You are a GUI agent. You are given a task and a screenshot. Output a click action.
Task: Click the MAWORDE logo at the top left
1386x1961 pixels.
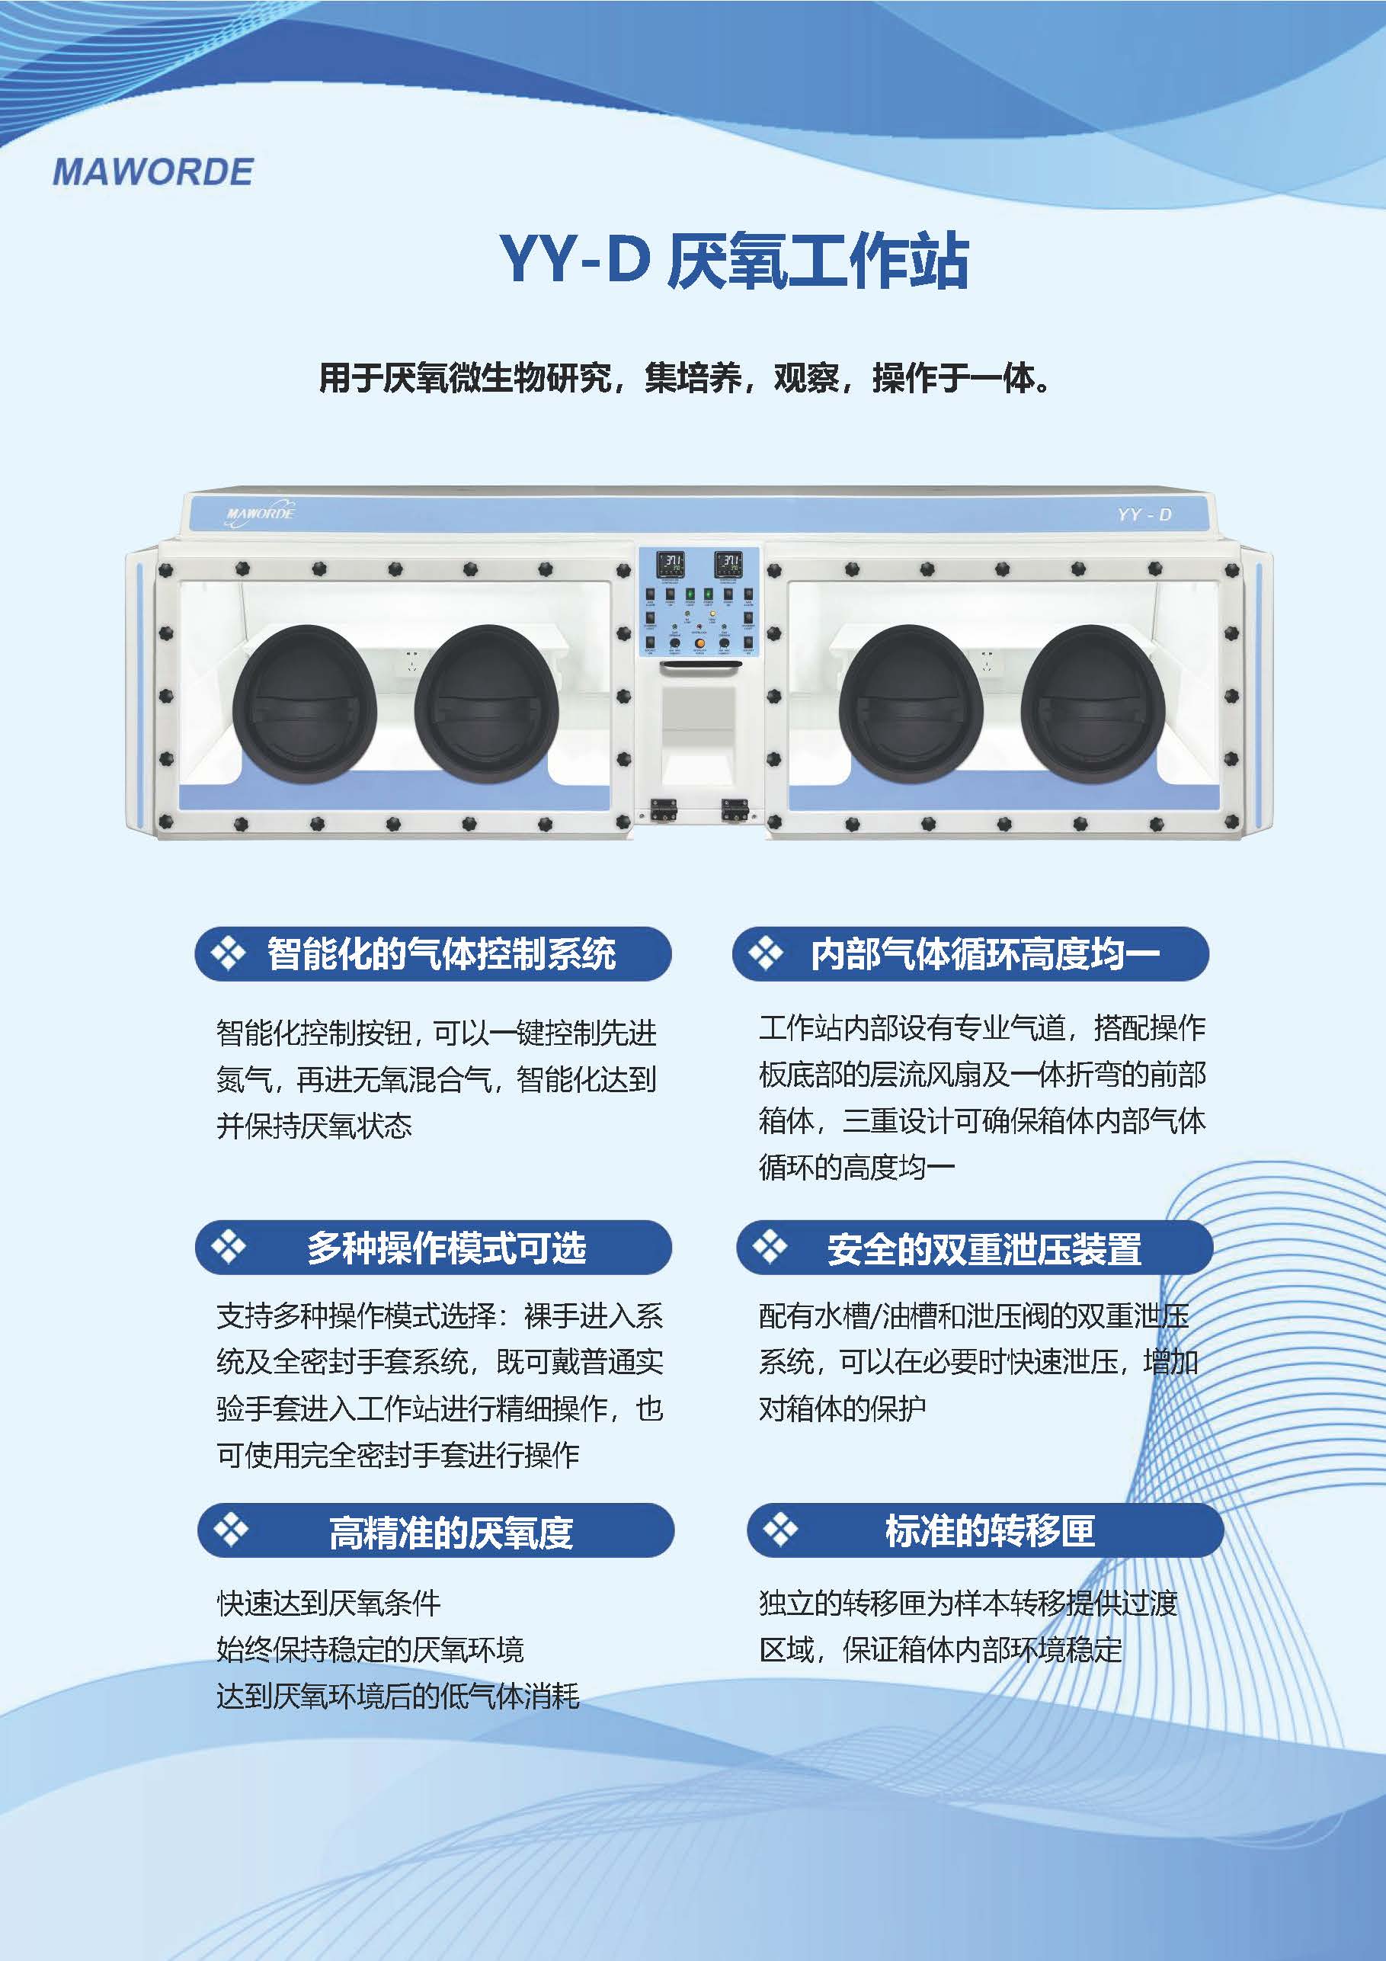[153, 171]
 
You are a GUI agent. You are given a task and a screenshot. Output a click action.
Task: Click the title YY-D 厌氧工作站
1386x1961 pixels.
[735, 260]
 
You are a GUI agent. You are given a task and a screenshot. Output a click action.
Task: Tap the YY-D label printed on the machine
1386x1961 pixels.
[1144, 514]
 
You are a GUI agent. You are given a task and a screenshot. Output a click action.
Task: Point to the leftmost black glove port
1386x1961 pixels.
[304, 703]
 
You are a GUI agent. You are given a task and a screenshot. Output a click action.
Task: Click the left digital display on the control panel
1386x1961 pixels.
[670, 564]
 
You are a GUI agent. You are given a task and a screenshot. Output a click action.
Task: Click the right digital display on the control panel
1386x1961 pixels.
[728, 564]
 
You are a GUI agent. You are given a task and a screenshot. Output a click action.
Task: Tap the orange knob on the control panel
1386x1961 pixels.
[699, 642]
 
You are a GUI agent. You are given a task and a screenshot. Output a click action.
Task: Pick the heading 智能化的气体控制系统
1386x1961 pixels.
[441, 953]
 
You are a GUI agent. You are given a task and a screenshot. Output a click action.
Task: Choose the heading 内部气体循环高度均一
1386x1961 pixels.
[985, 953]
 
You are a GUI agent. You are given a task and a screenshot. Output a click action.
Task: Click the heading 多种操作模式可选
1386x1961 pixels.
[447, 1248]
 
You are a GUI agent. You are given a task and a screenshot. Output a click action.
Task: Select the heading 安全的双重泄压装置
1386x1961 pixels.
[984, 1248]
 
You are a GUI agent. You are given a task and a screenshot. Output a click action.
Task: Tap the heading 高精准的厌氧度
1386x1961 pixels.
[451, 1532]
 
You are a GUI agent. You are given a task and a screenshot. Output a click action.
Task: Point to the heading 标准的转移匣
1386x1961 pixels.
[990, 1530]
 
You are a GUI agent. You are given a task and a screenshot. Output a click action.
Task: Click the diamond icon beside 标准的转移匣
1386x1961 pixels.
[779, 1530]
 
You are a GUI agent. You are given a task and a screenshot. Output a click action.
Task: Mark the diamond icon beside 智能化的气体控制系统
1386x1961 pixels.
[228, 953]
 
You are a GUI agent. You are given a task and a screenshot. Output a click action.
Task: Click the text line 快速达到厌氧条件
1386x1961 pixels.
[328, 1603]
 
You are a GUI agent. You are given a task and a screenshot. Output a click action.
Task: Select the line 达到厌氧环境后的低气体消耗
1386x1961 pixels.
[398, 1695]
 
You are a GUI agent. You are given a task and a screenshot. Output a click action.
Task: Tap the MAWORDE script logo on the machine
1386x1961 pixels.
[260, 514]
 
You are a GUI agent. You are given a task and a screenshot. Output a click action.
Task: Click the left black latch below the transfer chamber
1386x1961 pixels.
[664, 809]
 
